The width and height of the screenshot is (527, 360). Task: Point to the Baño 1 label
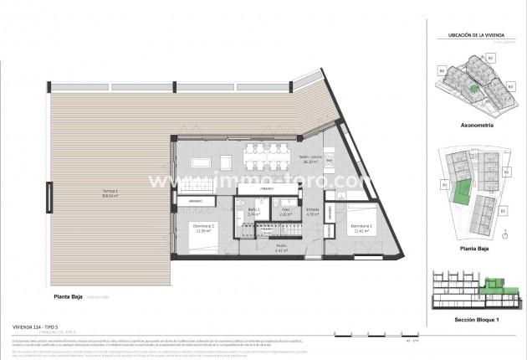point(252,213)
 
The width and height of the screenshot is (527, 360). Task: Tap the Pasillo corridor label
point(281,248)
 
